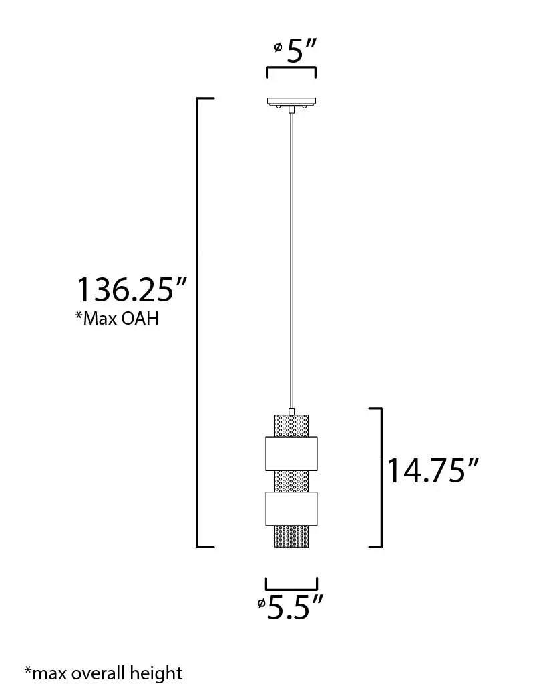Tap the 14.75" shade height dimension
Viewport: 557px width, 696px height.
click(433, 470)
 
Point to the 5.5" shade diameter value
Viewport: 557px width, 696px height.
click(295, 607)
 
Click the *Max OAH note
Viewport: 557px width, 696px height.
click(117, 319)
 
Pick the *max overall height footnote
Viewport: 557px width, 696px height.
click(103, 672)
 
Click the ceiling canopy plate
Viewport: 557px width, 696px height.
click(291, 103)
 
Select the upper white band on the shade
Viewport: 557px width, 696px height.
click(291, 454)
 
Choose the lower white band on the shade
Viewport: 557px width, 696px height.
click(291, 508)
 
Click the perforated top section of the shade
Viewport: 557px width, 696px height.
click(291, 425)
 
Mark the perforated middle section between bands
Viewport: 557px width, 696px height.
click(291, 481)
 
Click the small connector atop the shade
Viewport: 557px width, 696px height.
click(291, 410)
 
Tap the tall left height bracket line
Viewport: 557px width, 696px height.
click(197, 321)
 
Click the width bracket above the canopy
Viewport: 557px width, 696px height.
click(291, 69)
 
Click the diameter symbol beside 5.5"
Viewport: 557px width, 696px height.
click(260, 604)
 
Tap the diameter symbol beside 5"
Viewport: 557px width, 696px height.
click(277, 47)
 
